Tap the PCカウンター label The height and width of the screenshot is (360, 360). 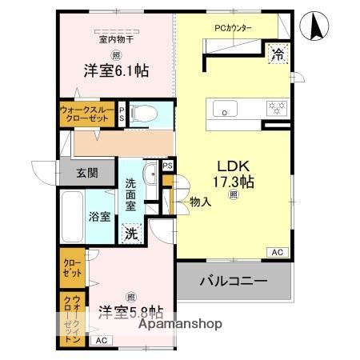tap(233, 28)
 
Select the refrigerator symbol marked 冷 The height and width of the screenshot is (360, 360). tap(278, 54)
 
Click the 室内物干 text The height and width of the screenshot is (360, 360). tap(116, 38)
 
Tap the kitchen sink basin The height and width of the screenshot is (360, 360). tap(222, 107)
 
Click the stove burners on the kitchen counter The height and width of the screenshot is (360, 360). tap(277, 107)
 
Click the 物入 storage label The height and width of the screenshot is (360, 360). tap(200, 202)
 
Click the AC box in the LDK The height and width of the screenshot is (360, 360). tap(277, 253)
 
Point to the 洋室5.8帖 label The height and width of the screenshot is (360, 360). tap(131, 310)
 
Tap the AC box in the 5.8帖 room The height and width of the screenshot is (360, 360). tap(101, 341)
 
